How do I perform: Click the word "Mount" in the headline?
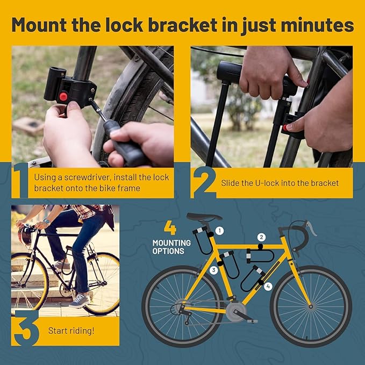(39, 25)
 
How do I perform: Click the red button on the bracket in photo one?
(63, 96)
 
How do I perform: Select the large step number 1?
(20, 181)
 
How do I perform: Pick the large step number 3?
(26, 328)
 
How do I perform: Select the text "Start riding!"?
(71, 331)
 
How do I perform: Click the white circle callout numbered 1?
(219, 231)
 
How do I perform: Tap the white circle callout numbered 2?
(261, 237)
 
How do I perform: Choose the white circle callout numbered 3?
(213, 270)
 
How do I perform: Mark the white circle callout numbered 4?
(268, 287)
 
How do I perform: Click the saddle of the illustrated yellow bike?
(204, 217)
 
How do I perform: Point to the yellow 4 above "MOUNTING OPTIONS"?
(170, 228)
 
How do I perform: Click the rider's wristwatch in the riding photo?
(47, 221)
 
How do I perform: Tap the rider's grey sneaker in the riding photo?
(80, 300)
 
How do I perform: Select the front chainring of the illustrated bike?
(236, 311)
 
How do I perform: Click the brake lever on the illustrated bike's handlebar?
(311, 228)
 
